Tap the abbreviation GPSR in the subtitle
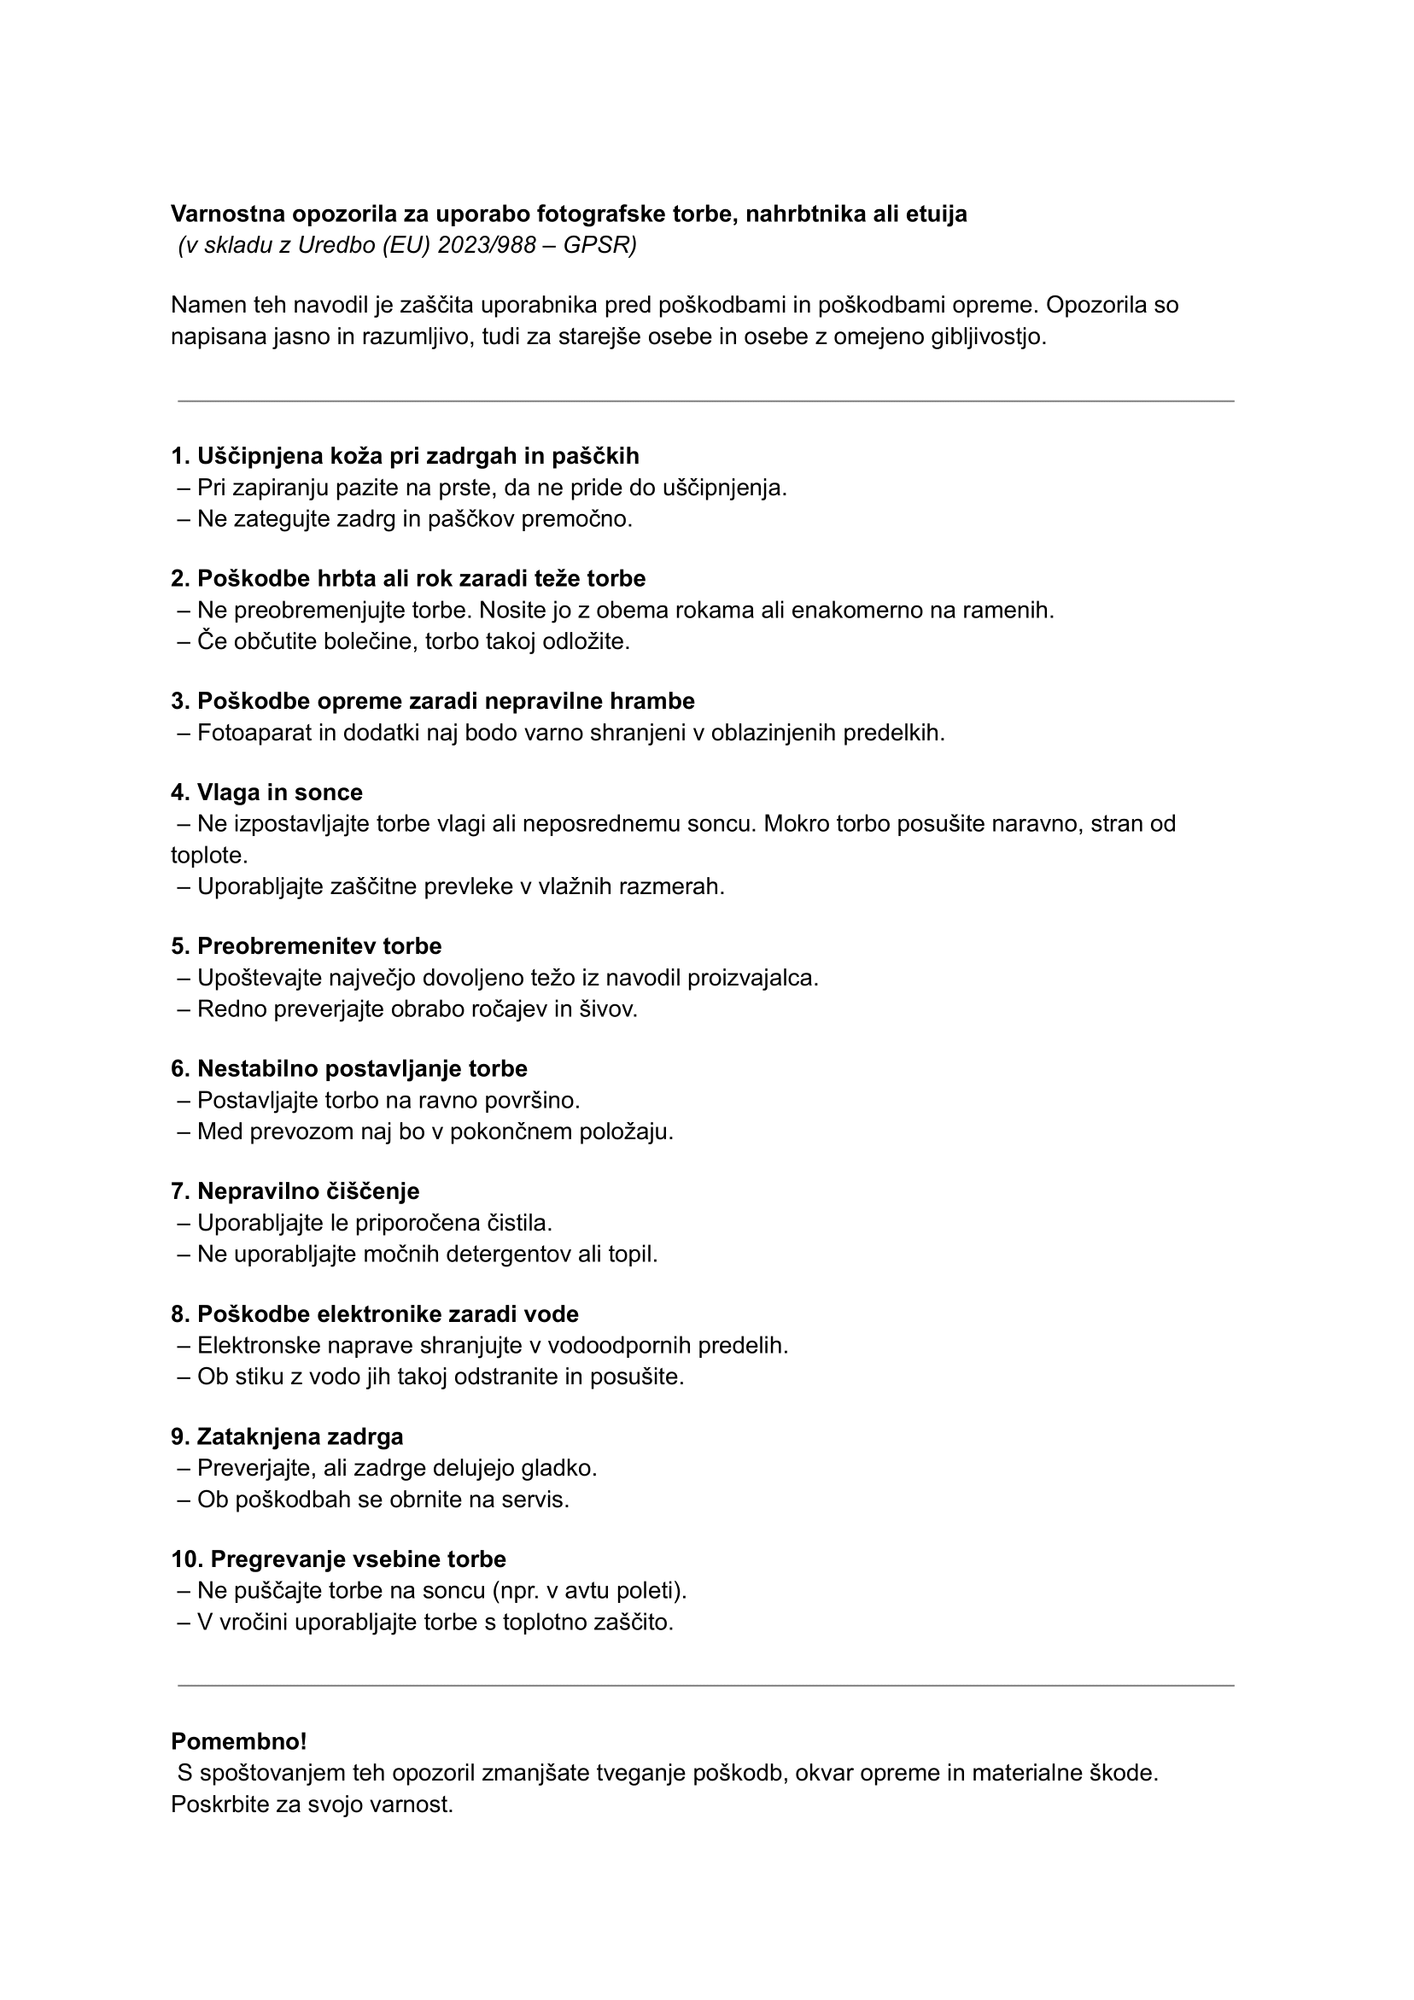[x=599, y=246]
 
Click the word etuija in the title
[x=937, y=214]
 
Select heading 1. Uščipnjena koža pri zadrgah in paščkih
[x=405, y=455]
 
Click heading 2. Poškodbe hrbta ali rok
[x=408, y=578]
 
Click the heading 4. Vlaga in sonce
[x=266, y=792]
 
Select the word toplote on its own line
[x=209, y=856]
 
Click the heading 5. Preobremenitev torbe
[x=306, y=946]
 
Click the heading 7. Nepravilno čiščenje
[x=295, y=1190]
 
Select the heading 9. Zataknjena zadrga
[x=287, y=1436]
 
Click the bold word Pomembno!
[x=239, y=1741]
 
